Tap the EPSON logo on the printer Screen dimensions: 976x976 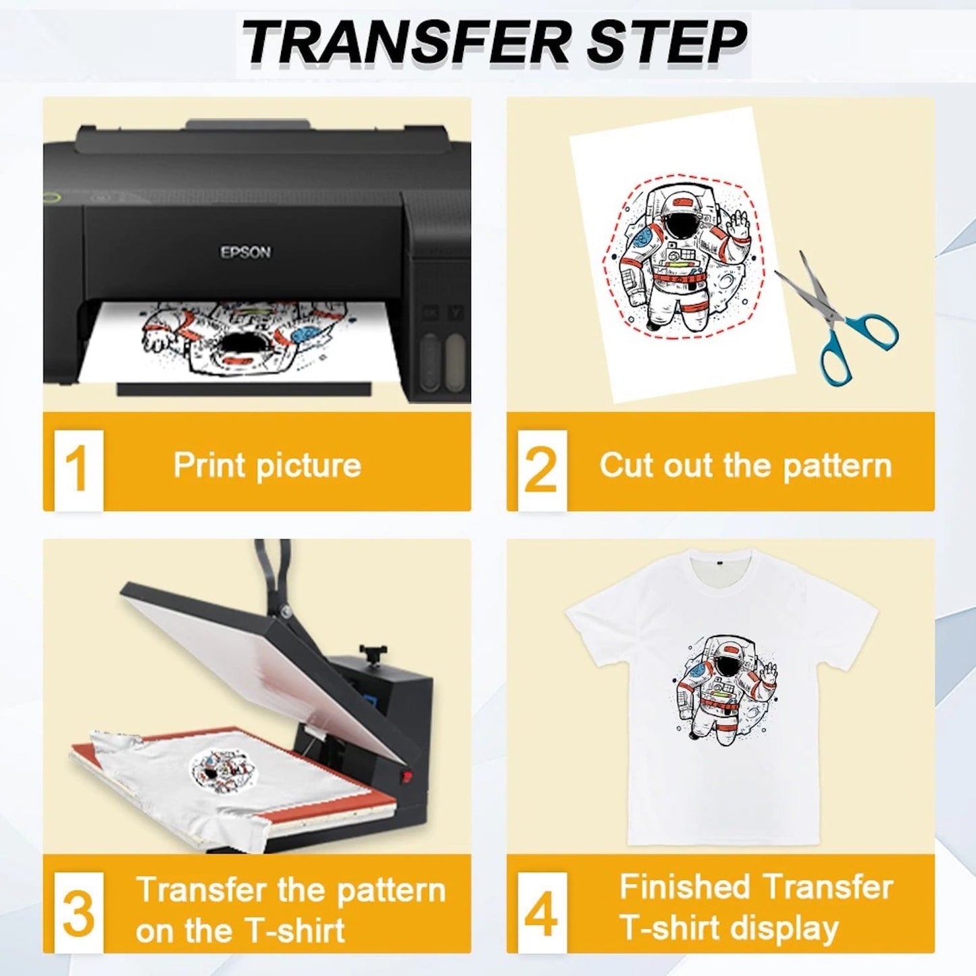click(246, 252)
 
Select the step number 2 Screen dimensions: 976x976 click(541, 470)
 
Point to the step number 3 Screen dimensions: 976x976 click(78, 915)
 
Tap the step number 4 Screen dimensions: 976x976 click(541, 915)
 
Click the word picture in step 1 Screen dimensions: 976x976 click(309, 466)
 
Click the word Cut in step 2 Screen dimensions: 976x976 click(627, 464)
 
